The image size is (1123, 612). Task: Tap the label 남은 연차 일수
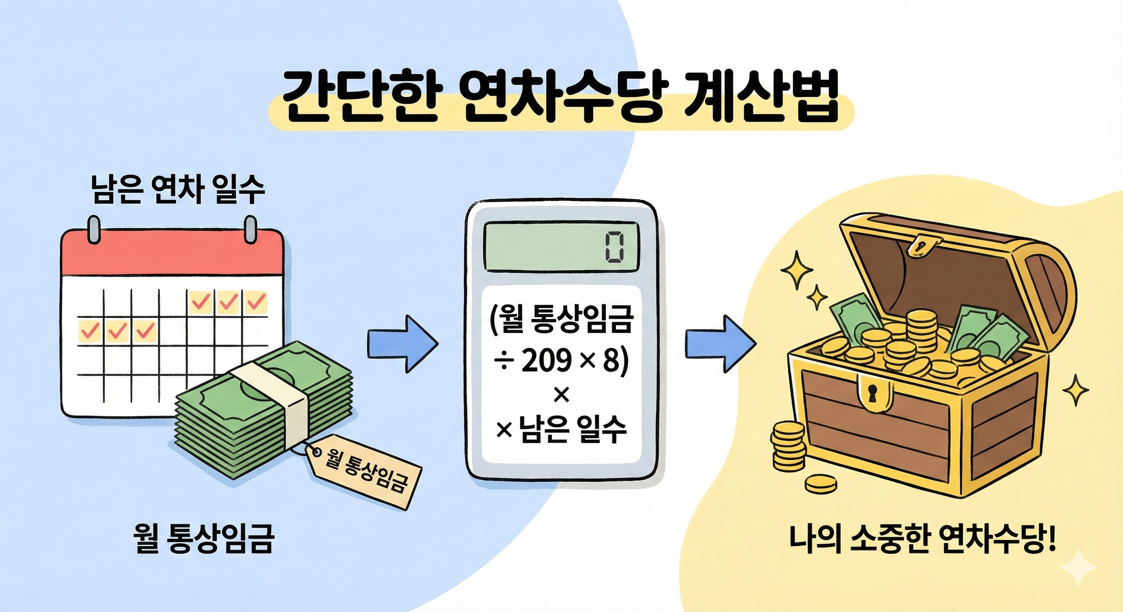click(x=178, y=190)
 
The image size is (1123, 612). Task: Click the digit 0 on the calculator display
click(x=614, y=248)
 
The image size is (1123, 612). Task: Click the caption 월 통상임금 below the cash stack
click(x=204, y=538)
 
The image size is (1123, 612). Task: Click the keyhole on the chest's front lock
click(x=872, y=393)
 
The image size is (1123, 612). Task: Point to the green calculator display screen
click(x=561, y=247)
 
